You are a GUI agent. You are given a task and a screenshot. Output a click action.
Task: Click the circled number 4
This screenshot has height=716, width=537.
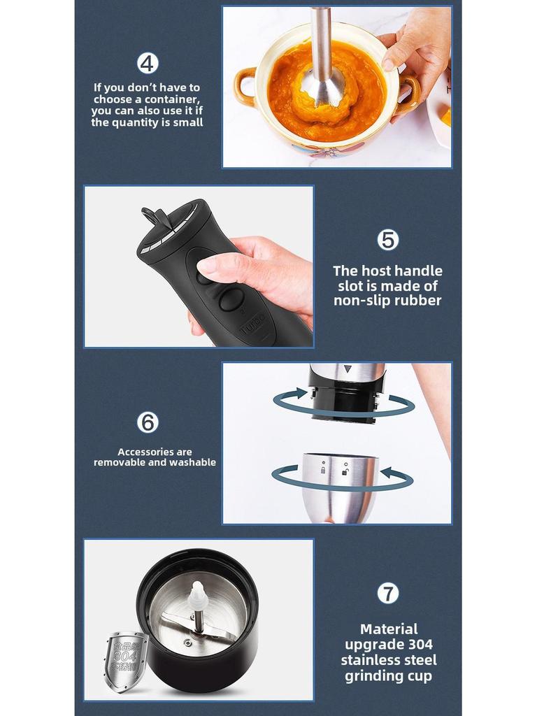tap(148, 63)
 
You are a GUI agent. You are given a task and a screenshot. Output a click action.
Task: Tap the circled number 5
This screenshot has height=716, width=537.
tap(388, 240)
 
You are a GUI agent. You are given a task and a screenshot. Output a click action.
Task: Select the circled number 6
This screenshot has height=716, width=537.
tap(148, 422)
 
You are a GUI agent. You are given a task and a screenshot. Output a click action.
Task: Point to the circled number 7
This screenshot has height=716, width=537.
tap(388, 593)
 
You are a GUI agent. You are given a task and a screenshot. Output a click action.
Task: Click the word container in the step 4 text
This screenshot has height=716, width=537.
tap(174, 99)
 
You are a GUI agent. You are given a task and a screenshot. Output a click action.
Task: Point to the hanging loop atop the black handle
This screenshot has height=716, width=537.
tap(155, 217)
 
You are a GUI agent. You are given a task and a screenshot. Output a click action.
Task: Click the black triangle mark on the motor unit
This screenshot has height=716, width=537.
tap(348, 368)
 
